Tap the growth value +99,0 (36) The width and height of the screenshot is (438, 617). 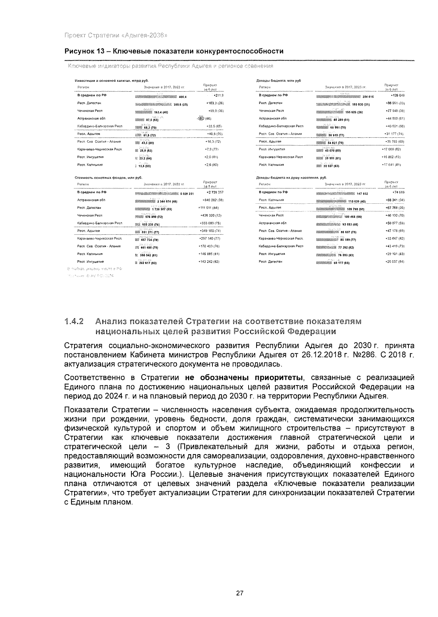(215, 111)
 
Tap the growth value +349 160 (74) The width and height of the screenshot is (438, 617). (211, 231)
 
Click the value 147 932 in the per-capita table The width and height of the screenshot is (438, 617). (362, 194)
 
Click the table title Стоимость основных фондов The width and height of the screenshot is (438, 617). (108, 178)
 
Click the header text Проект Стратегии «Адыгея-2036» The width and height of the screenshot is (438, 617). (116, 35)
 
